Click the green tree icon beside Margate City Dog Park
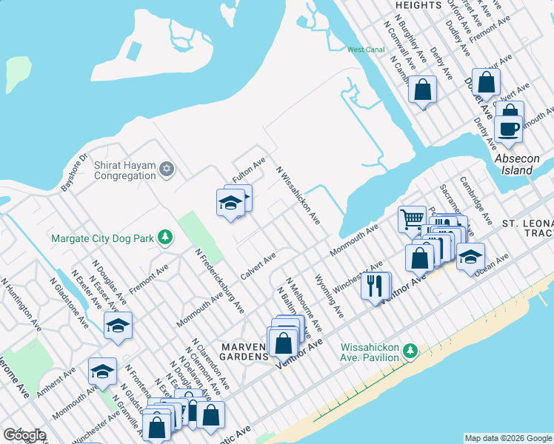coord(167,238)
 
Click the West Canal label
coord(366,50)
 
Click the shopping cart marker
coord(412,218)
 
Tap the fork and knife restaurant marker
coord(376,285)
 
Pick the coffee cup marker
coord(508,128)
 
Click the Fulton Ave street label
coord(248,170)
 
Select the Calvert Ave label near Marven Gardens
coord(258,266)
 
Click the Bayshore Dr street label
coord(74,172)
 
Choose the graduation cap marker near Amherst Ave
coord(102,370)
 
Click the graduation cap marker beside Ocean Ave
coord(470,256)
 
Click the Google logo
coord(24,435)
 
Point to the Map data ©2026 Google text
coord(508,438)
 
